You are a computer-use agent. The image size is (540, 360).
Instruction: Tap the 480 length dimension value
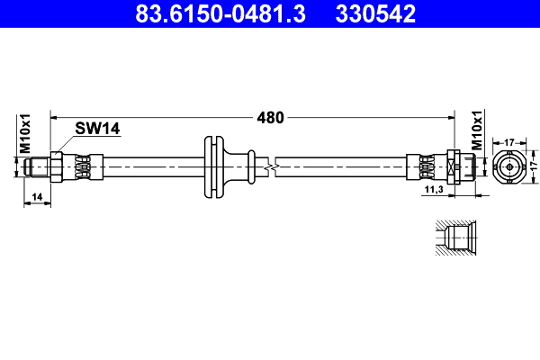pos(270,117)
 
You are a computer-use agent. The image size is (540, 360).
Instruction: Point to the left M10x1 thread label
pos(26,133)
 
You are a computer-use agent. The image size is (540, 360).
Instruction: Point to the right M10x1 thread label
pos(478,133)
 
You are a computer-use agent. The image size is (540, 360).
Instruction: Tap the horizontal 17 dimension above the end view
pos(508,140)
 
